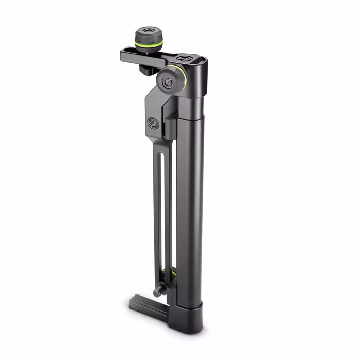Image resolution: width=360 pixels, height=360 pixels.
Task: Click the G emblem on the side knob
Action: coord(167,83)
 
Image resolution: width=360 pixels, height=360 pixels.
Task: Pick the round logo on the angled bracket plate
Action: coord(153,122)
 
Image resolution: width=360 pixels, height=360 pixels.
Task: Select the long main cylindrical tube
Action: coord(193,206)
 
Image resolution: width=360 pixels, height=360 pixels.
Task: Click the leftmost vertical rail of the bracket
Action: coord(156,217)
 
